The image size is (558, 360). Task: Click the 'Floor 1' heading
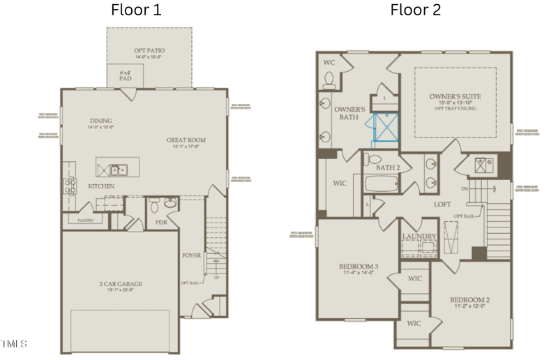tap(137, 10)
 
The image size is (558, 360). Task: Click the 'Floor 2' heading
tap(415, 10)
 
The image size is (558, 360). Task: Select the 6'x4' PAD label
tap(125, 75)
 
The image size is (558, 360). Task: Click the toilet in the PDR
tap(155, 205)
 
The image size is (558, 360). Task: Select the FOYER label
tap(191, 255)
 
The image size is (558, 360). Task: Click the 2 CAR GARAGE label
tap(121, 284)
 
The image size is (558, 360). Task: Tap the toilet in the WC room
tap(329, 81)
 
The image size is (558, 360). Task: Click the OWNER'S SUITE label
tap(455, 95)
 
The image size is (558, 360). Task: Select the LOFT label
tap(442, 204)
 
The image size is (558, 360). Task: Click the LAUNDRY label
tap(418, 237)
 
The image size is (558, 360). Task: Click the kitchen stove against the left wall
tap(70, 185)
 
